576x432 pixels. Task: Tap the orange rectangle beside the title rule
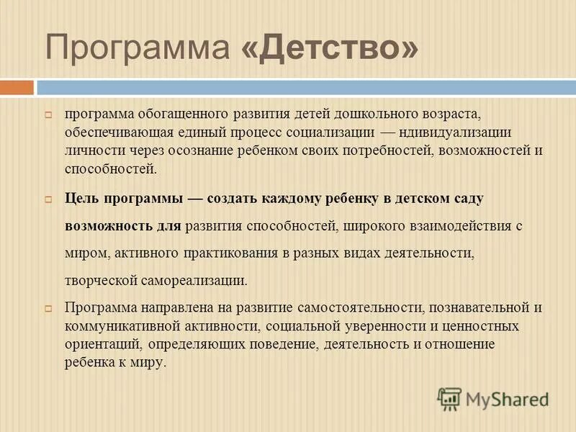click(x=17, y=88)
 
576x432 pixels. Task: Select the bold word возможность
click(x=108, y=225)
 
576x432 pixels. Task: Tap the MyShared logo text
click(x=505, y=398)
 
